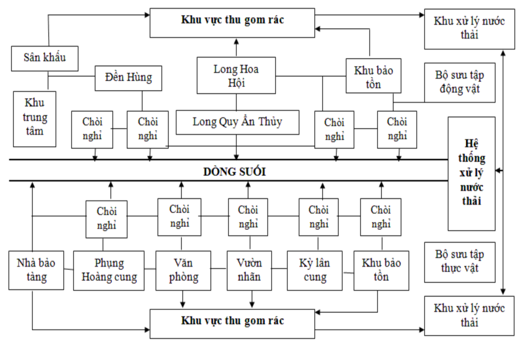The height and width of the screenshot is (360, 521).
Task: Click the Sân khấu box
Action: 46,59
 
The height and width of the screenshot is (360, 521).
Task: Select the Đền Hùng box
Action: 128,78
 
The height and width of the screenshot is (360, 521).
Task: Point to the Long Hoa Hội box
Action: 235,75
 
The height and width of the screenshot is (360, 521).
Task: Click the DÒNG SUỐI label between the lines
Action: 234,172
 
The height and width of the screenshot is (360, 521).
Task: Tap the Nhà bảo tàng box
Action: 32,270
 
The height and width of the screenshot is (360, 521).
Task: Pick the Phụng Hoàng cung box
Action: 109,270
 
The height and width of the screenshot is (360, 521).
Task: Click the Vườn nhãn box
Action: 248,270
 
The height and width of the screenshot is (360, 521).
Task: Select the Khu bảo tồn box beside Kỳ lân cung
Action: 381,270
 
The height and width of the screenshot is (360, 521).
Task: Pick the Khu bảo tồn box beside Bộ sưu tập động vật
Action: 373,76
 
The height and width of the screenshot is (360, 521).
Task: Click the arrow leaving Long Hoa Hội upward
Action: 237,47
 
